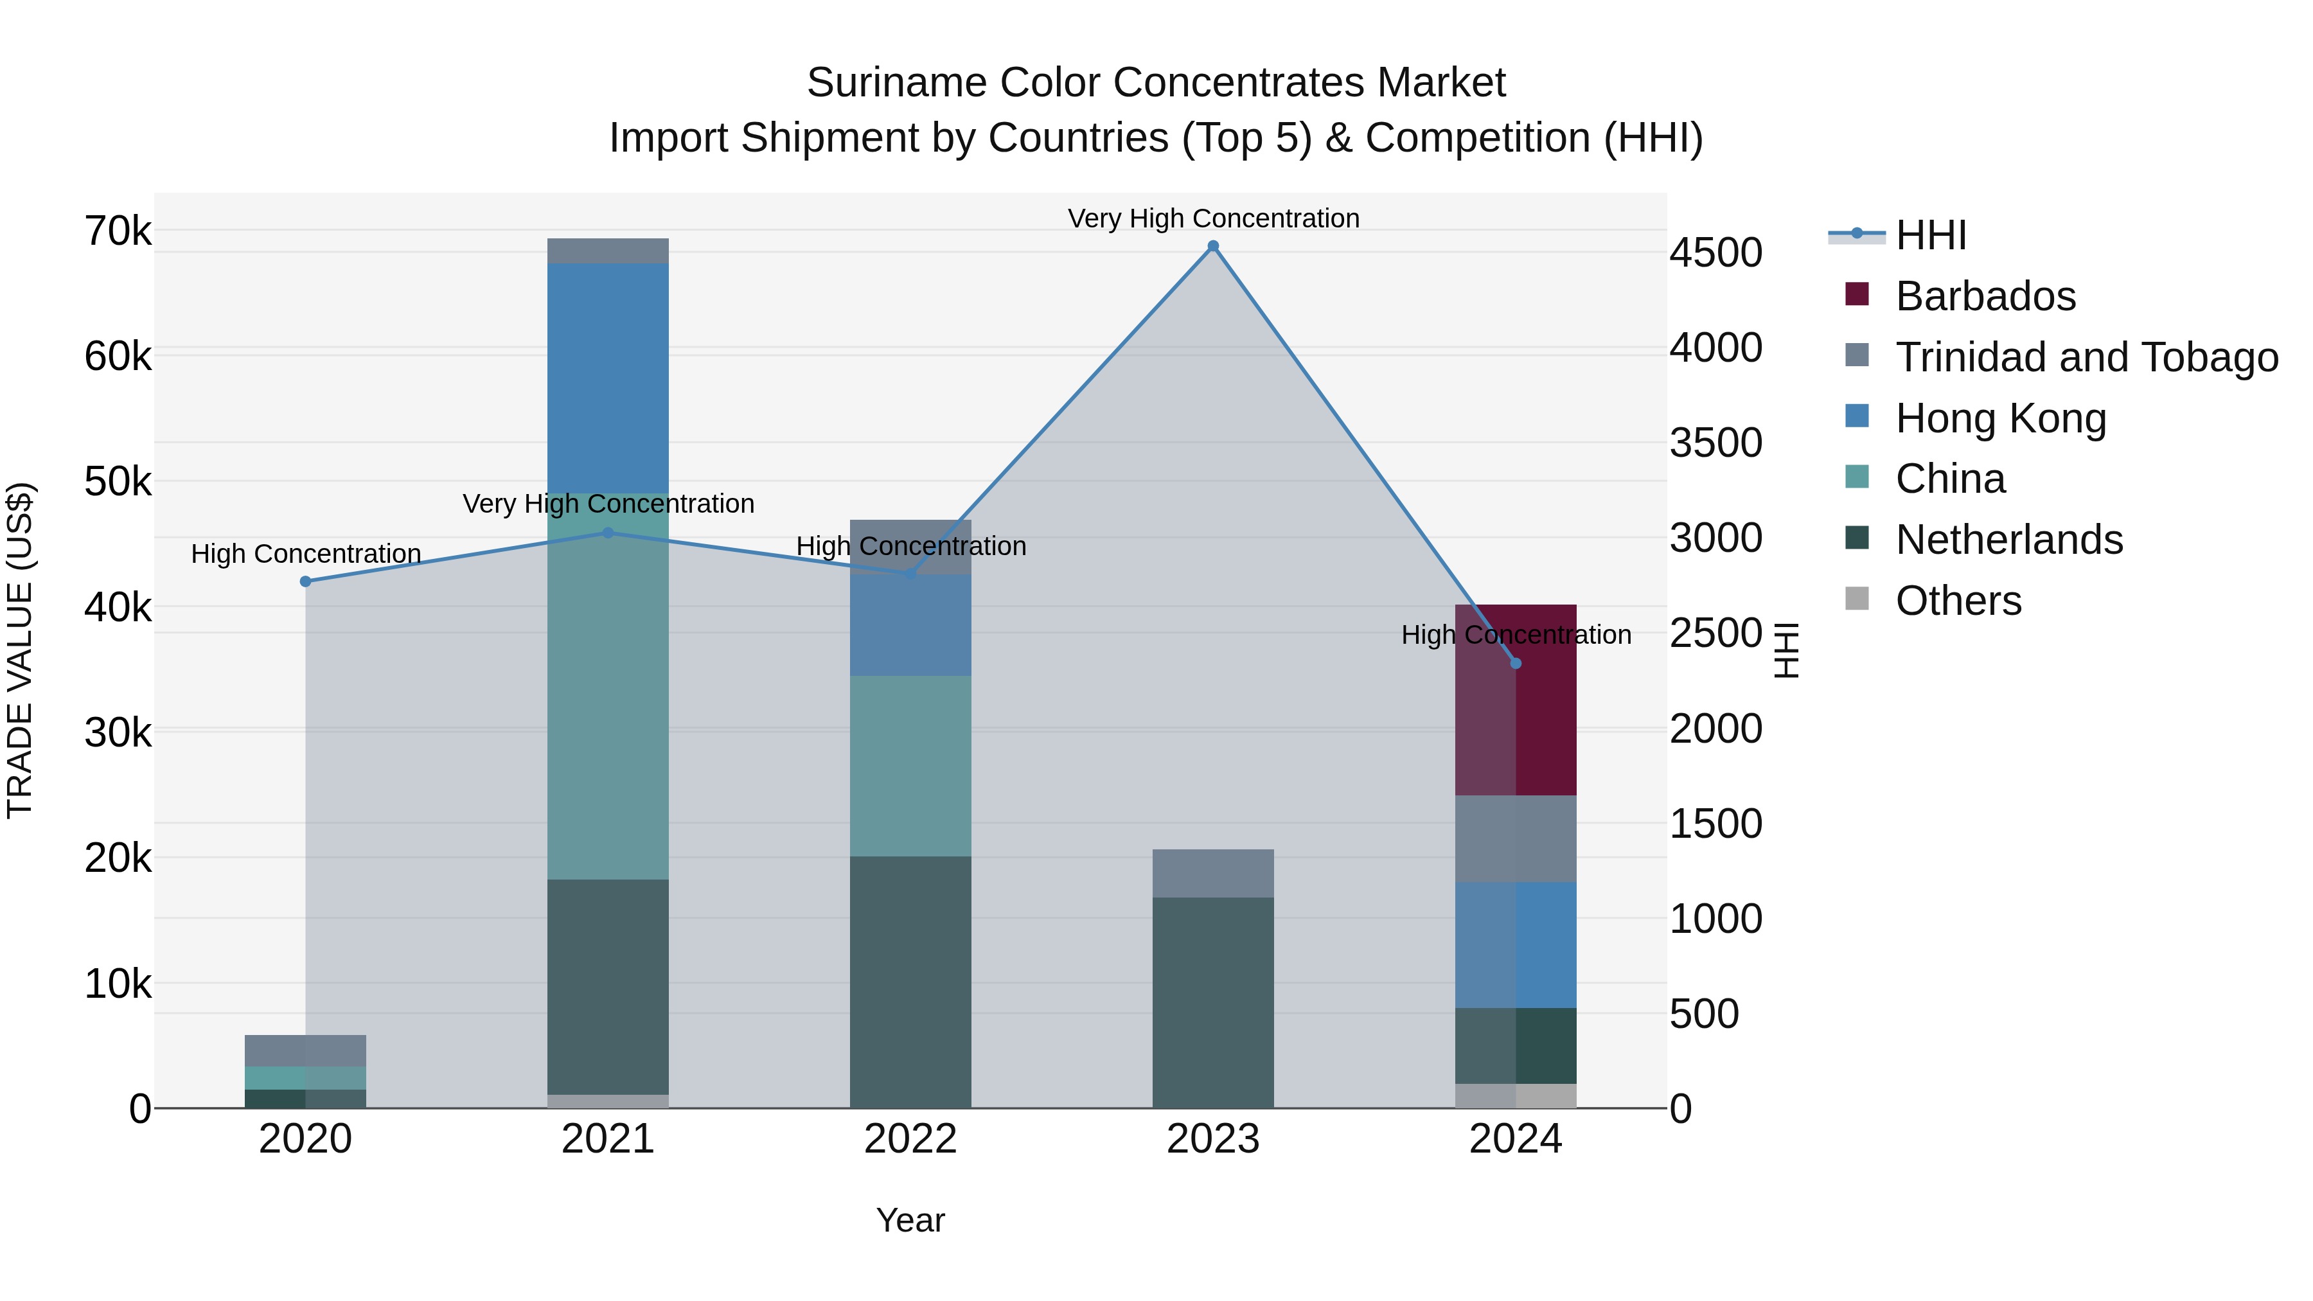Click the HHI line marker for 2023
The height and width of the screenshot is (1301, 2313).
coord(1213,246)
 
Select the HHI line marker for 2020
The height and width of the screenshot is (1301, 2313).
coord(305,582)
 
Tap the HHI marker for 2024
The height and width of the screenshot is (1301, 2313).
coord(1516,664)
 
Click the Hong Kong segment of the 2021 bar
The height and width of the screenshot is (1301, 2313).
coord(608,377)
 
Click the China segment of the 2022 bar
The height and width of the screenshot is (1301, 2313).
coord(910,765)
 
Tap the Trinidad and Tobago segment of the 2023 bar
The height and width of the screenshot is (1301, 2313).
coord(1213,872)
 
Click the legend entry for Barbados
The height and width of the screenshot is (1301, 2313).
coord(1985,296)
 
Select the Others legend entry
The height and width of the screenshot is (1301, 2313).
coord(1958,601)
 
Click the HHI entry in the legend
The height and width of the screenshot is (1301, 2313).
coord(1931,235)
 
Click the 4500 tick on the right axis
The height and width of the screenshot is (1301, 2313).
coord(1715,252)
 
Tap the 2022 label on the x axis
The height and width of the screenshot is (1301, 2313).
coord(910,1139)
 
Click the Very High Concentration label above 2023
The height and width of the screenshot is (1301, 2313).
coord(1213,218)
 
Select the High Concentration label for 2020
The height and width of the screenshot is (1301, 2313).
coord(305,554)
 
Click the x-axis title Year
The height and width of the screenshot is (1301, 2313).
coord(910,1220)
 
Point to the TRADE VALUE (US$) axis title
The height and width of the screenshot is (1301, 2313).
coord(20,650)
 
